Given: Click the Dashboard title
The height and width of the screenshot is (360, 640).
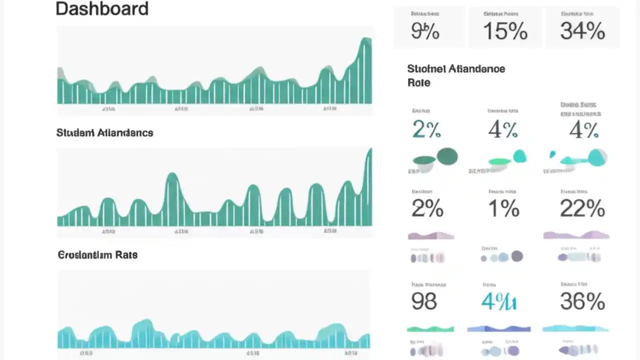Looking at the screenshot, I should coord(102,9).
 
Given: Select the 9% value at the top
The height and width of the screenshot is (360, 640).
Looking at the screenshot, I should coord(425,31).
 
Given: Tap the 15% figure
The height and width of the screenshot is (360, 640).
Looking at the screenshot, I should coord(505,31).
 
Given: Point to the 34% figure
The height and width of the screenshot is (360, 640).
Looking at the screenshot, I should coord(582,31).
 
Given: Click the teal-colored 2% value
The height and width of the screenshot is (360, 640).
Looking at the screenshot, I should coord(426,130).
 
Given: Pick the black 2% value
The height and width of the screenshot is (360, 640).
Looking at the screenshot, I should coord(427,208).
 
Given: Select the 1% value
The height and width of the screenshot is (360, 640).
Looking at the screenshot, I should coord(504,208).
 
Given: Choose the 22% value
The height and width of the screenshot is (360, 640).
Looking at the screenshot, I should coord(582,208).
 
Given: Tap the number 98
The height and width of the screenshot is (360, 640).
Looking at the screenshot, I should coord(424,301).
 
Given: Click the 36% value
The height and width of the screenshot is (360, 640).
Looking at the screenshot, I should coord(582,301).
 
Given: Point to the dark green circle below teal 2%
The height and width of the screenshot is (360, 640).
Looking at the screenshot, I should coord(447,156).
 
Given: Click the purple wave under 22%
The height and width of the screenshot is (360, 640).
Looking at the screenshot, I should coord(576,235).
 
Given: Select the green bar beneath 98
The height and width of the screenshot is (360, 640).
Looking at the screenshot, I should coord(430,329).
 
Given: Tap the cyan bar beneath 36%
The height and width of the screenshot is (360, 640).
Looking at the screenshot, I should coord(575,328).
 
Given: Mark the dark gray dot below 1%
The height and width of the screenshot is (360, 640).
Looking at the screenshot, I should coord(517,256).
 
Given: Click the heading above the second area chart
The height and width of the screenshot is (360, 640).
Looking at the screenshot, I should coord(104,132).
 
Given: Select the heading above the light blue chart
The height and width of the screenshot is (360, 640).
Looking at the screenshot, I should coord(97,254).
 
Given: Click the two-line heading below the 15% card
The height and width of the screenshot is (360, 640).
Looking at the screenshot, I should coord(456,75).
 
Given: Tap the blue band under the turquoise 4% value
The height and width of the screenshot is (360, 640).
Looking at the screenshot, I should coord(498,329).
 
